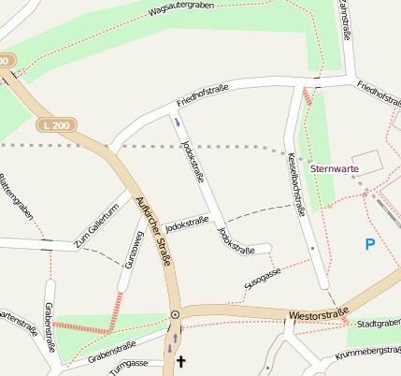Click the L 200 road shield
(x=53, y=124)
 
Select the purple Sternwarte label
(x=334, y=169)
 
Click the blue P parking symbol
(x=369, y=244)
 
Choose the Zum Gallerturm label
(x=96, y=224)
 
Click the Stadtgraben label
(x=379, y=323)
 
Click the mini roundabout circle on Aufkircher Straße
(x=175, y=315)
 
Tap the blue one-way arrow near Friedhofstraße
(x=177, y=120)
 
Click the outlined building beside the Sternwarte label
(x=367, y=161)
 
